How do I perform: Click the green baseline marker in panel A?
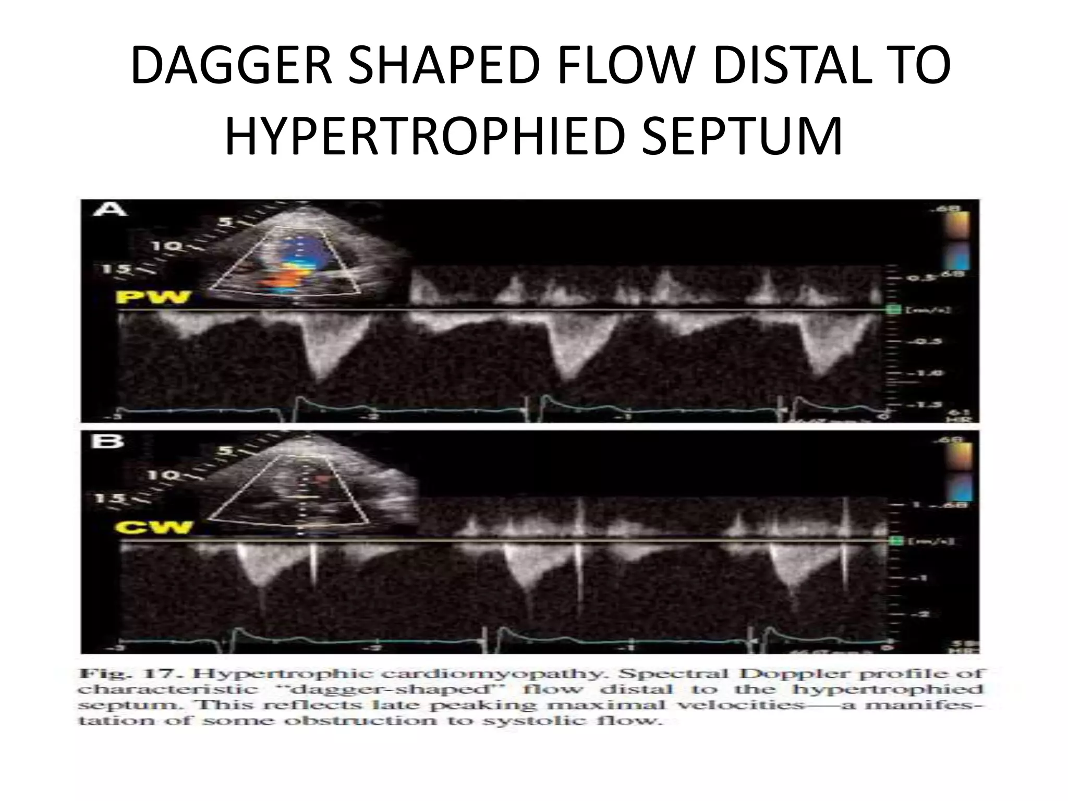[893, 310]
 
